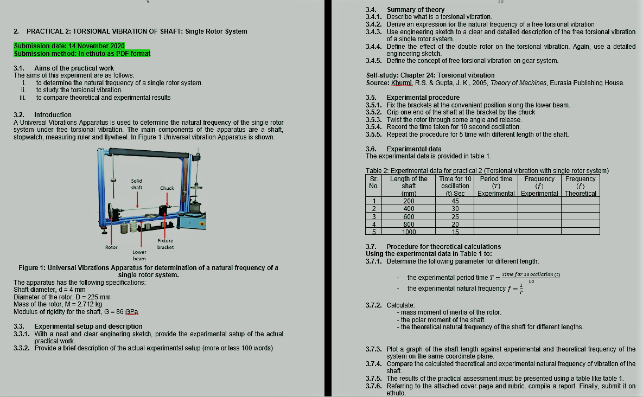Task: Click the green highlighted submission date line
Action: click(69, 46)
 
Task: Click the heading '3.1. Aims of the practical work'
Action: click(63, 68)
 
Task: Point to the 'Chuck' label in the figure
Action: click(167, 188)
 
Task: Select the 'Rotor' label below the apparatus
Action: click(111, 247)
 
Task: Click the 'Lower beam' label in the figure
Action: click(139, 255)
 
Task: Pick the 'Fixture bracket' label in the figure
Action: click(165, 244)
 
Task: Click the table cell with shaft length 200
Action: click(409, 201)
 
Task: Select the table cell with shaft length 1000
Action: click(409, 232)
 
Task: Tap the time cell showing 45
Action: click(455, 201)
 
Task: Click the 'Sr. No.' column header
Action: click(373, 182)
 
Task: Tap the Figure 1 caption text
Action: click(148, 271)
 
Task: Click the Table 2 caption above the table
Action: click(487, 171)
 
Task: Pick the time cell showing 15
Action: click(455, 232)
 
